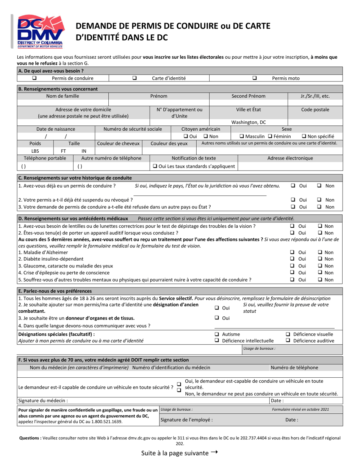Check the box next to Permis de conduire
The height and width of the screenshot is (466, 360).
(x=34, y=78)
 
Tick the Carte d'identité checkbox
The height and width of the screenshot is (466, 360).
(x=135, y=78)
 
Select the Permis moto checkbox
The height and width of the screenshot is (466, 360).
(x=255, y=78)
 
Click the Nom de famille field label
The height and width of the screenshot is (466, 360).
(x=63, y=96)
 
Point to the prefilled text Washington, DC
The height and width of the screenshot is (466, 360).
(x=249, y=122)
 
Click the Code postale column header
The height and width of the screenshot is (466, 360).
(x=315, y=109)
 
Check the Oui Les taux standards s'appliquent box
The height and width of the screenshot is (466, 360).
(x=155, y=166)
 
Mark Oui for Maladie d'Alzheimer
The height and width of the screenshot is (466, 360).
(x=293, y=252)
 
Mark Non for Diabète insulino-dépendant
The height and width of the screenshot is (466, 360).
(x=320, y=259)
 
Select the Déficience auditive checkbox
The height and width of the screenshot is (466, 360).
(x=288, y=341)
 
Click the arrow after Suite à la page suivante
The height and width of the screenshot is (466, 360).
(x=214, y=453)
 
